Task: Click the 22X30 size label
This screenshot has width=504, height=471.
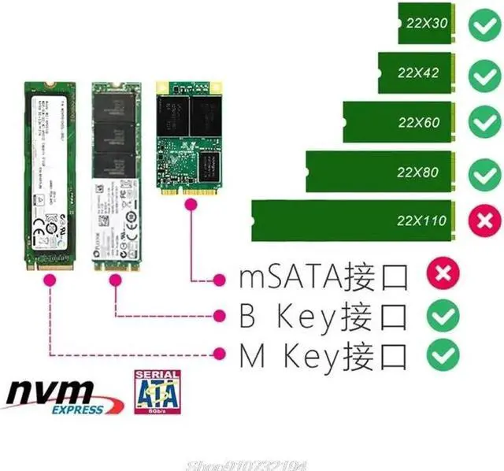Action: click(x=428, y=24)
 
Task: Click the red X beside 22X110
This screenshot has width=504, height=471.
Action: click(x=481, y=221)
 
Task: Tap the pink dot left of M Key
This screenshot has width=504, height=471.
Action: click(x=221, y=354)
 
